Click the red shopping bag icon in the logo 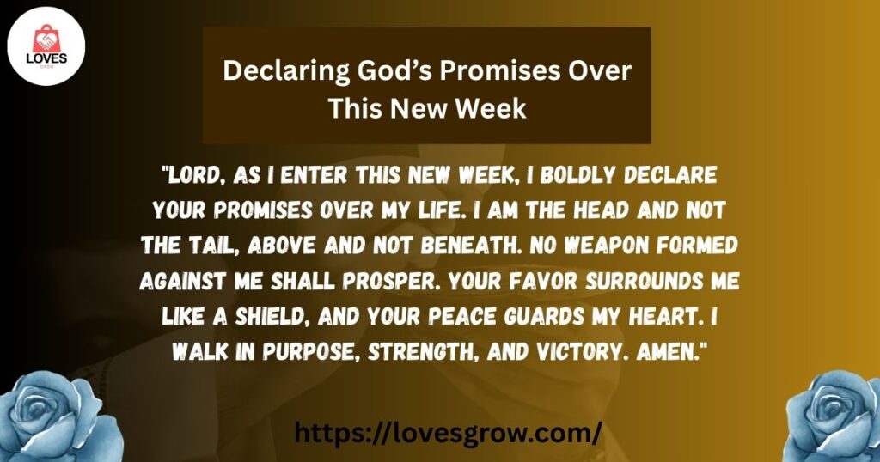pos(46,40)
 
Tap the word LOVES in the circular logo pos(46,59)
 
